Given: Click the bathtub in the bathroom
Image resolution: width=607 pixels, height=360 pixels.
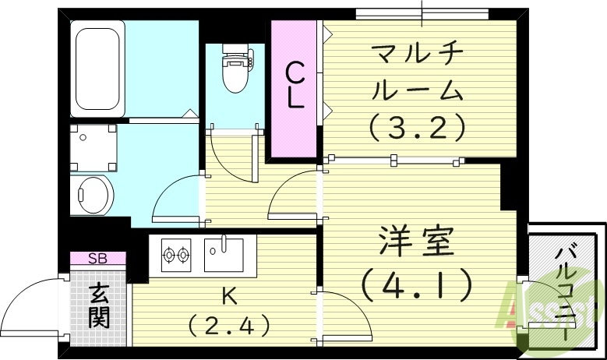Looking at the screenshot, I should click(x=97, y=69).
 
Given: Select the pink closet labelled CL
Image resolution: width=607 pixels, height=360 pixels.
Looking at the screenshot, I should click(x=294, y=90).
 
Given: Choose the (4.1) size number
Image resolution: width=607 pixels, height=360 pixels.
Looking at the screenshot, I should click(x=417, y=286).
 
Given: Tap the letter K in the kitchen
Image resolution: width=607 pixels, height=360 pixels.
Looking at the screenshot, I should click(x=229, y=295).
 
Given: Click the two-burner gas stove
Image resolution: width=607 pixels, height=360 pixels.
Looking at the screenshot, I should click(x=175, y=253).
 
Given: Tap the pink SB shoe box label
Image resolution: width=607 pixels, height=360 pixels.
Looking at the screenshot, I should click(x=97, y=258).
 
